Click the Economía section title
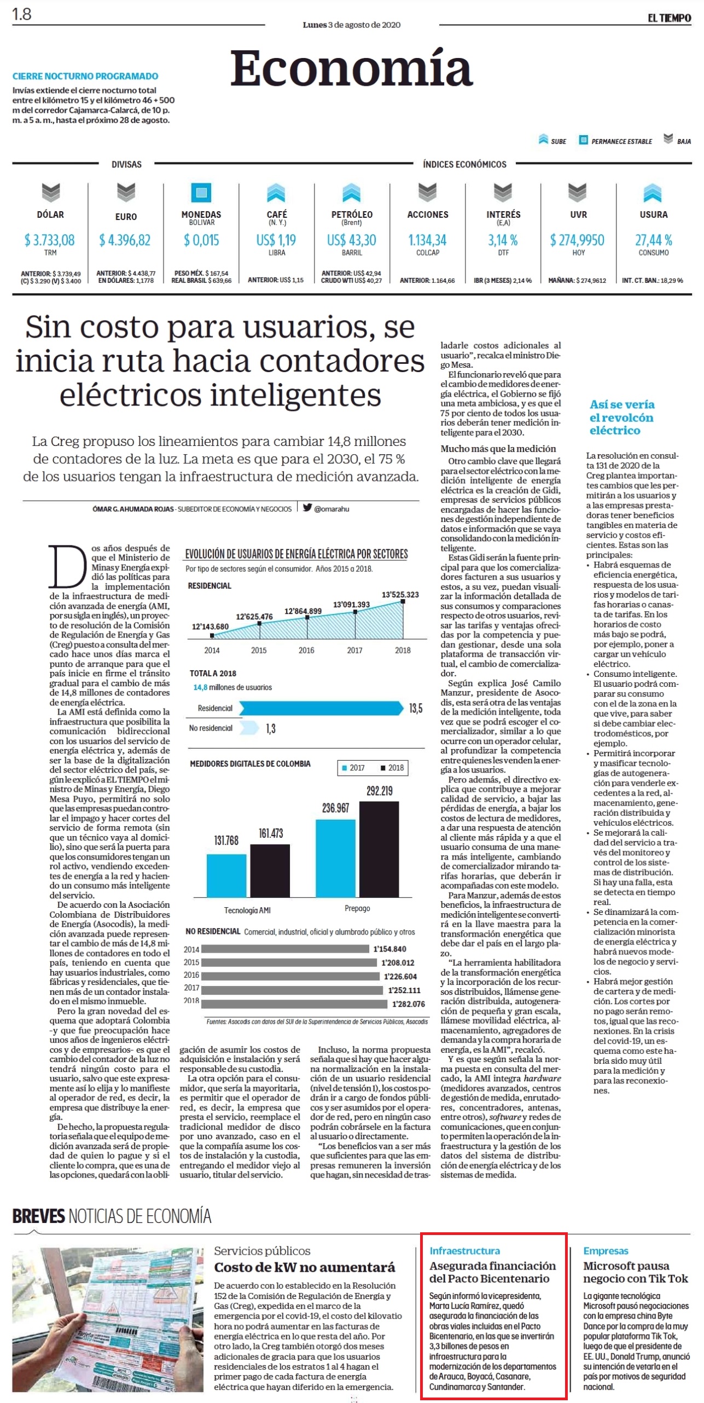click(x=351, y=68)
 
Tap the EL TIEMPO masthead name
click(x=669, y=18)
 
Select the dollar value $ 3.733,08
click(x=50, y=240)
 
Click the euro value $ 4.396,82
click(x=125, y=240)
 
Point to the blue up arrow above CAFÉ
click(x=276, y=193)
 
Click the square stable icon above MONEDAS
click(x=201, y=193)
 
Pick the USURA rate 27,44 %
click(x=654, y=240)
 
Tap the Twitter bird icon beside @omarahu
click(x=307, y=508)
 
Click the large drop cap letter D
click(x=68, y=566)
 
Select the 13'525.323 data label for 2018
click(x=400, y=594)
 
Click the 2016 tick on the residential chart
click(x=306, y=650)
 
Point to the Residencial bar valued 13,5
click(x=321, y=709)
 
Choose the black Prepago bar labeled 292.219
click(x=379, y=849)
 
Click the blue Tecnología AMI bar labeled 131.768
click(x=226, y=875)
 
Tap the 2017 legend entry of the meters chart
click(x=353, y=768)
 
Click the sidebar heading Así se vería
click(x=622, y=404)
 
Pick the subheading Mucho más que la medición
click(x=498, y=449)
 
